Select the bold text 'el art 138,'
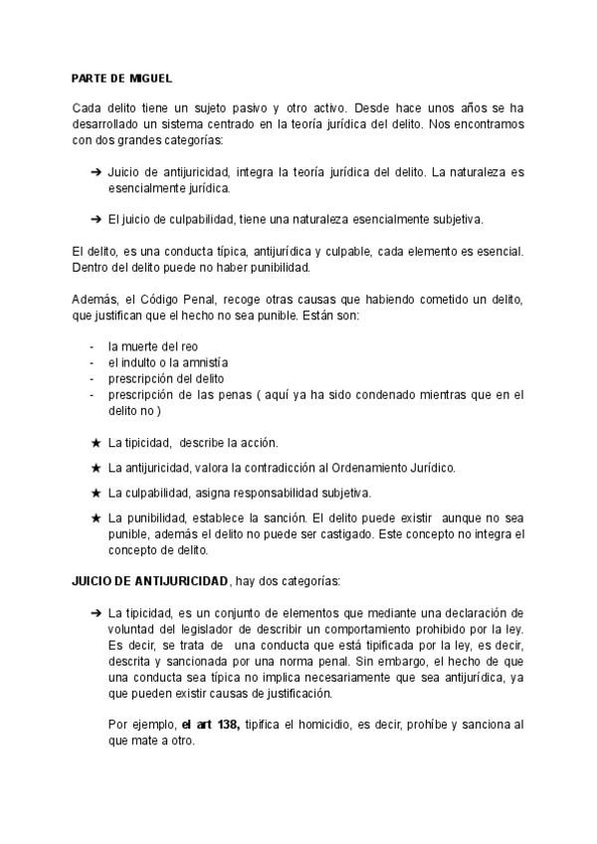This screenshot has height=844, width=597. point(210,723)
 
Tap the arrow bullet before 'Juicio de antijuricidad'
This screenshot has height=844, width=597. point(96,172)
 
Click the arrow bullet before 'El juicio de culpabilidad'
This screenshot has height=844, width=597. point(96,218)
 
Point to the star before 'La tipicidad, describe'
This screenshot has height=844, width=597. point(96,443)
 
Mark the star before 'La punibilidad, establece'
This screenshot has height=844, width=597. point(96,519)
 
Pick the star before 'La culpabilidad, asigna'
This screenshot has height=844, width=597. point(96,493)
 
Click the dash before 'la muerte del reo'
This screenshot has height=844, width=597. point(92,346)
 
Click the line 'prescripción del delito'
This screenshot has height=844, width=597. point(166,378)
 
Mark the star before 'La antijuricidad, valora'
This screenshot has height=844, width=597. point(96,468)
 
